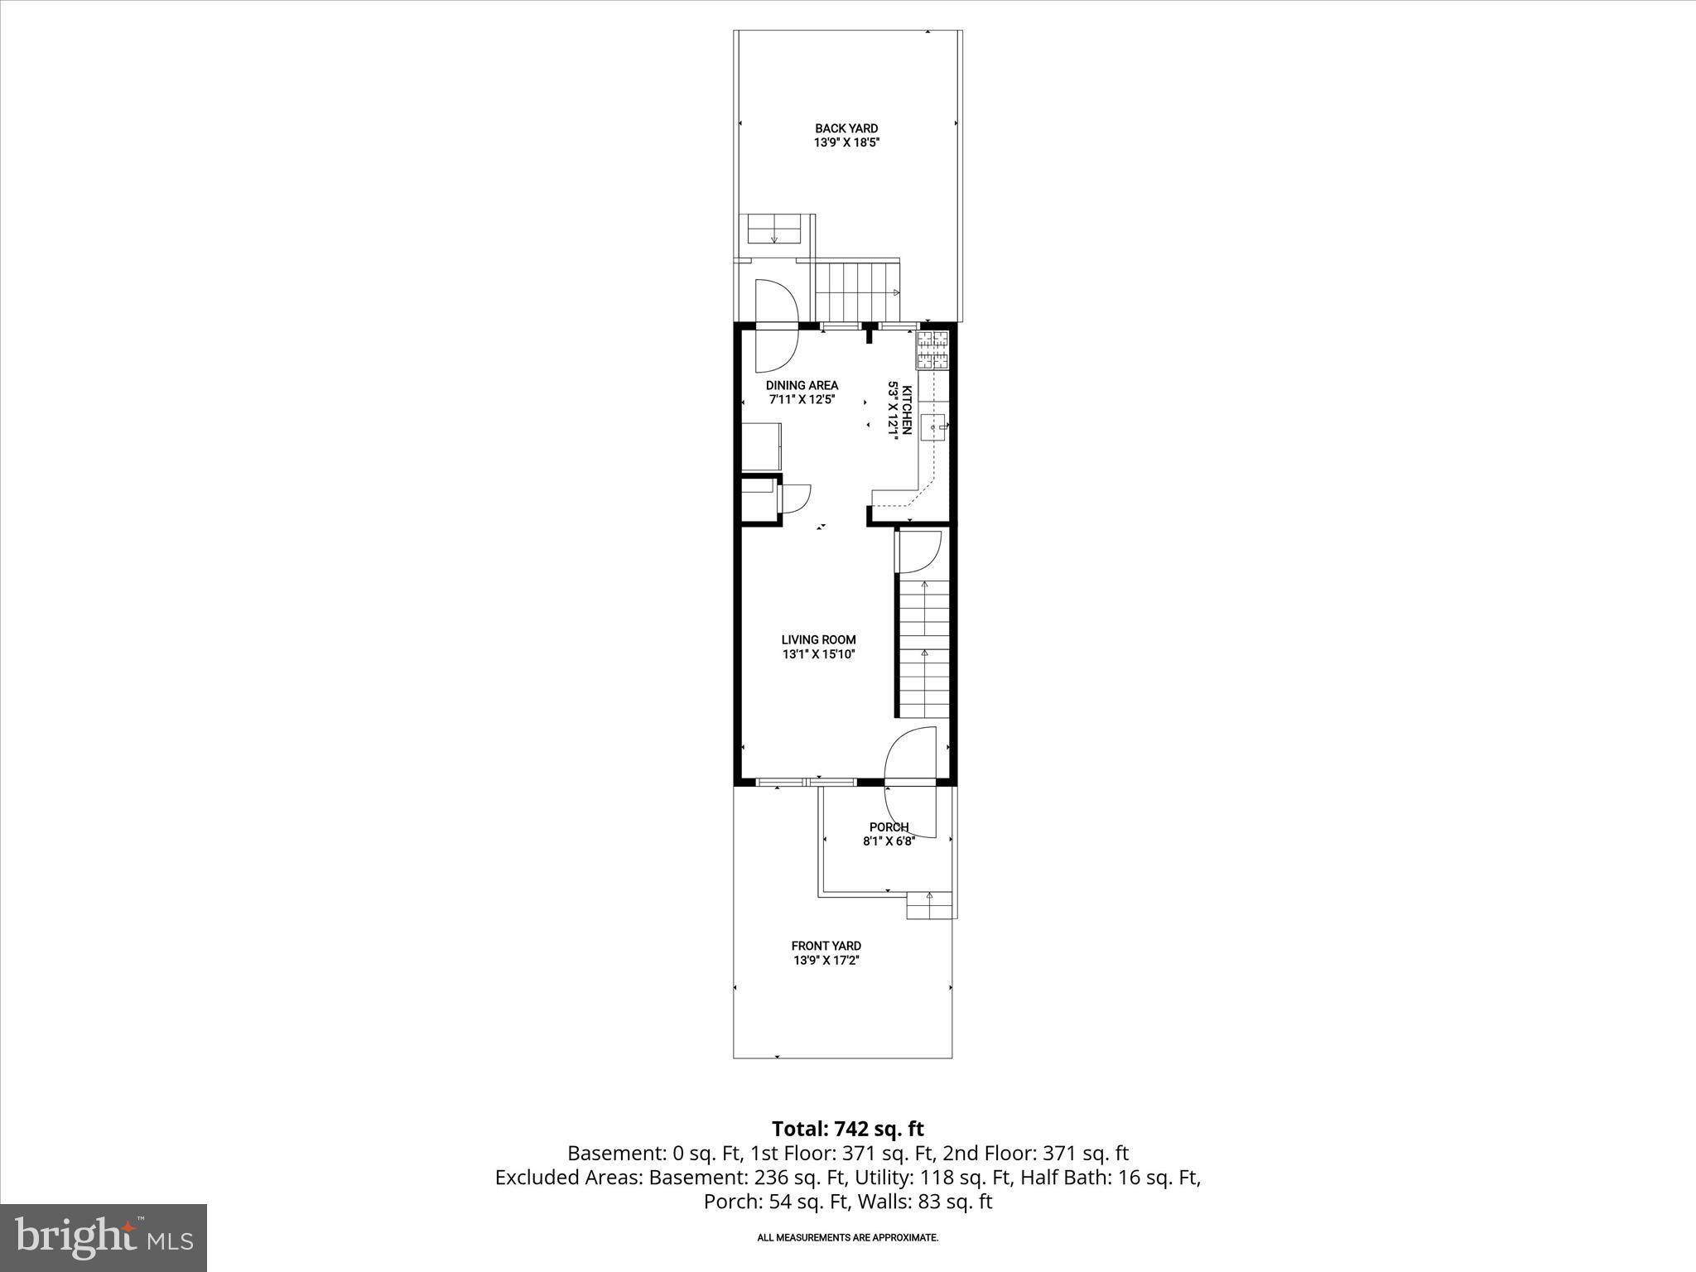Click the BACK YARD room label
[846, 128]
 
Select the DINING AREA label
[802, 385]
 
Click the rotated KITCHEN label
[907, 410]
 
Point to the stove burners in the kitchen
[933, 349]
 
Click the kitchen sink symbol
[934, 426]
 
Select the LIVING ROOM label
[818, 639]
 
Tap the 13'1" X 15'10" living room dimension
[818, 654]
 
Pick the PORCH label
[889, 827]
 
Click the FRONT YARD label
[826, 946]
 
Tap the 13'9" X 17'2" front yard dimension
[826, 961]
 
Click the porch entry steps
[929, 905]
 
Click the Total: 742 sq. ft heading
[847, 1129]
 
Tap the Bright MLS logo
[104, 1238]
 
